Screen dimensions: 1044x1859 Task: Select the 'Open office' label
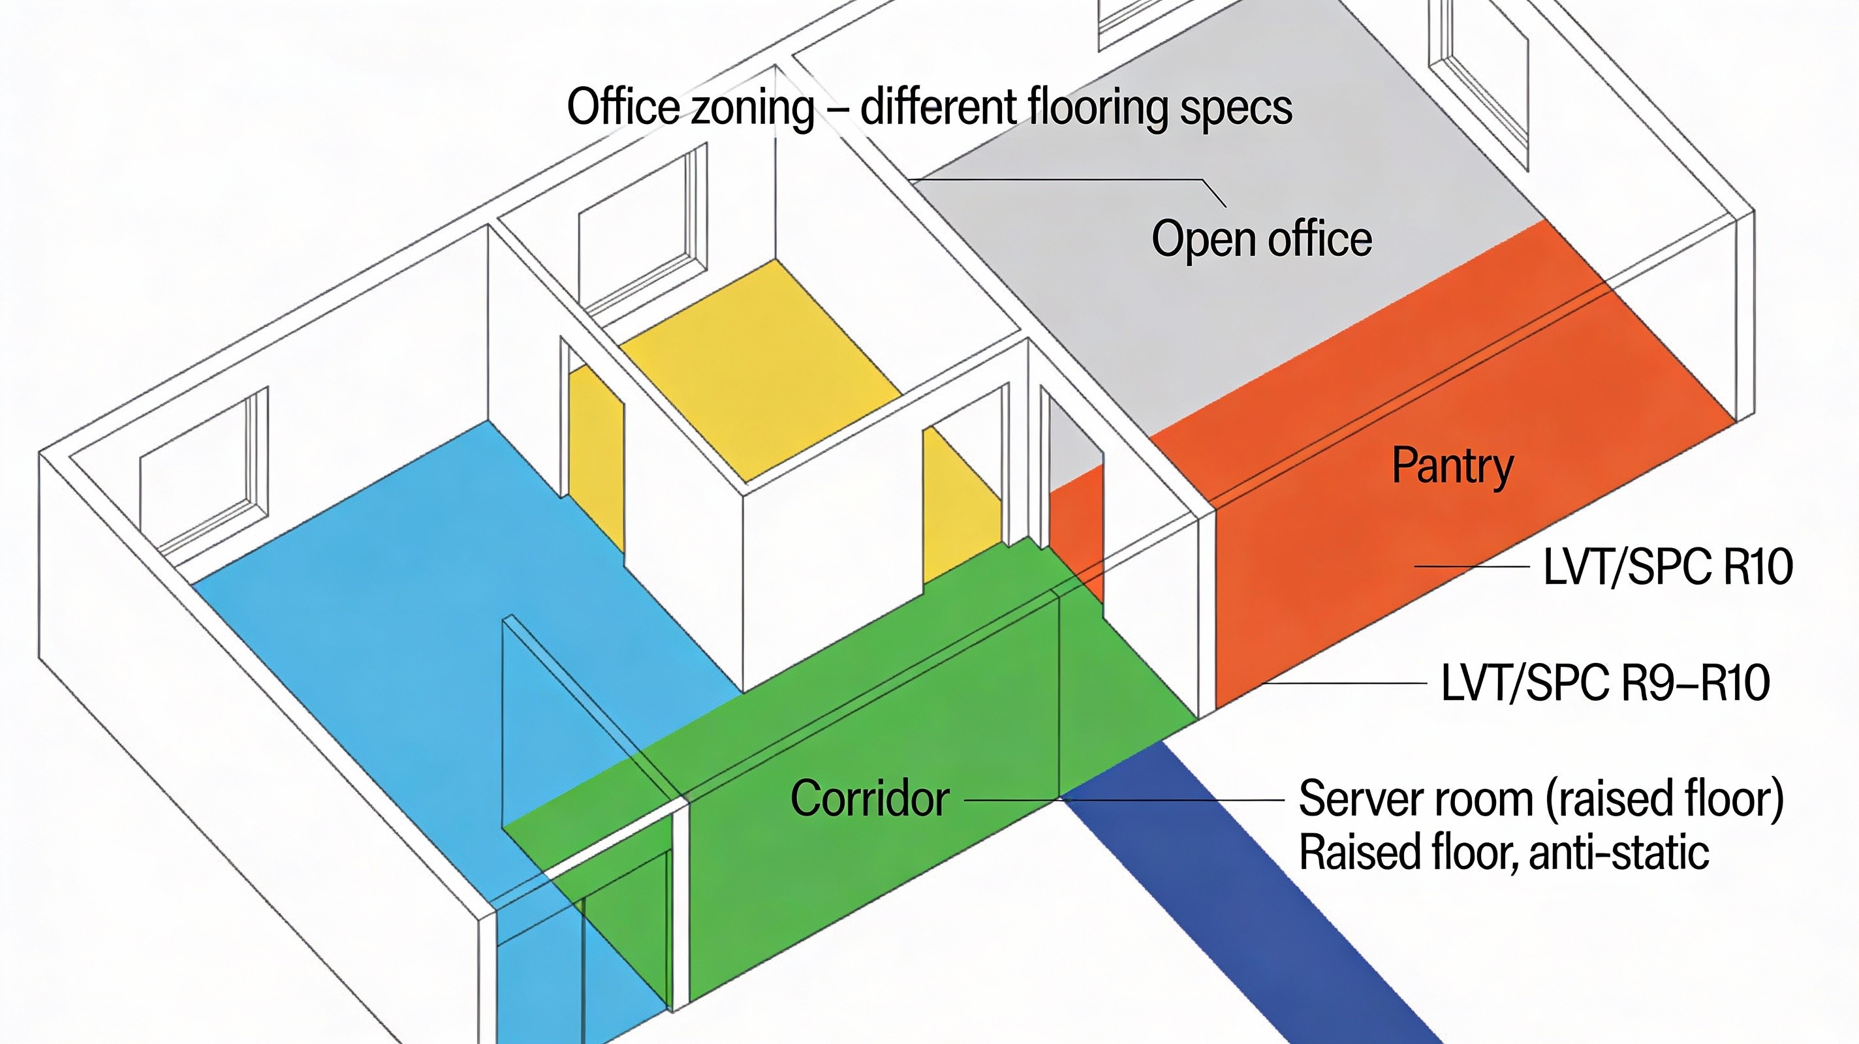tap(1262, 239)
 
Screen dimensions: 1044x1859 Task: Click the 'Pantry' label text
tap(1452, 466)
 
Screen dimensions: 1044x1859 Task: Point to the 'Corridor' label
tap(869, 799)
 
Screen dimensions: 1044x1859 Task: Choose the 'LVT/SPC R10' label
tap(1667, 567)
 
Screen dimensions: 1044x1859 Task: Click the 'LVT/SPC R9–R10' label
tap(1605, 683)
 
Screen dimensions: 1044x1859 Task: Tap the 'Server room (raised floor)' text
tap(1540, 799)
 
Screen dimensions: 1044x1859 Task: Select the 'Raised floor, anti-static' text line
tap(1503, 853)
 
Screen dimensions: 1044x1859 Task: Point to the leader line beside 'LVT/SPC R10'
tap(1472, 566)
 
